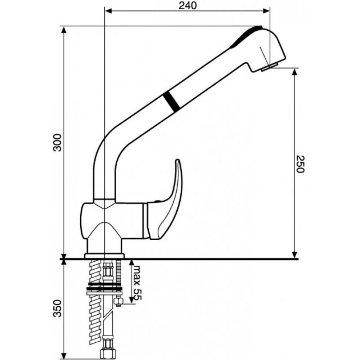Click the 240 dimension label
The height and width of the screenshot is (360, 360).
[188, 6]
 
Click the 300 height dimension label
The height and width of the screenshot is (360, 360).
[57, 143]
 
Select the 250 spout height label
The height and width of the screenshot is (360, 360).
[300, 164]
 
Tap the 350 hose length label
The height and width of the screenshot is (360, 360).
[57, 309]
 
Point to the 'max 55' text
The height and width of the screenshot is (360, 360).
[138, 283]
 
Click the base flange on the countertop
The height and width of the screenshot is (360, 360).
[104, 256]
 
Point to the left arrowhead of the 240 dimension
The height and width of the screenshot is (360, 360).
[108, 11]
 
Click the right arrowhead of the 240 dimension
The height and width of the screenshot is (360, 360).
[266, 11]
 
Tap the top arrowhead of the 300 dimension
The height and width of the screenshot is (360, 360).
[64, 30]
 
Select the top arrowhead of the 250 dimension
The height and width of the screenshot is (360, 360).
[294, 72]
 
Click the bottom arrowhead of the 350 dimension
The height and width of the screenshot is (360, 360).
[64, 356]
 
